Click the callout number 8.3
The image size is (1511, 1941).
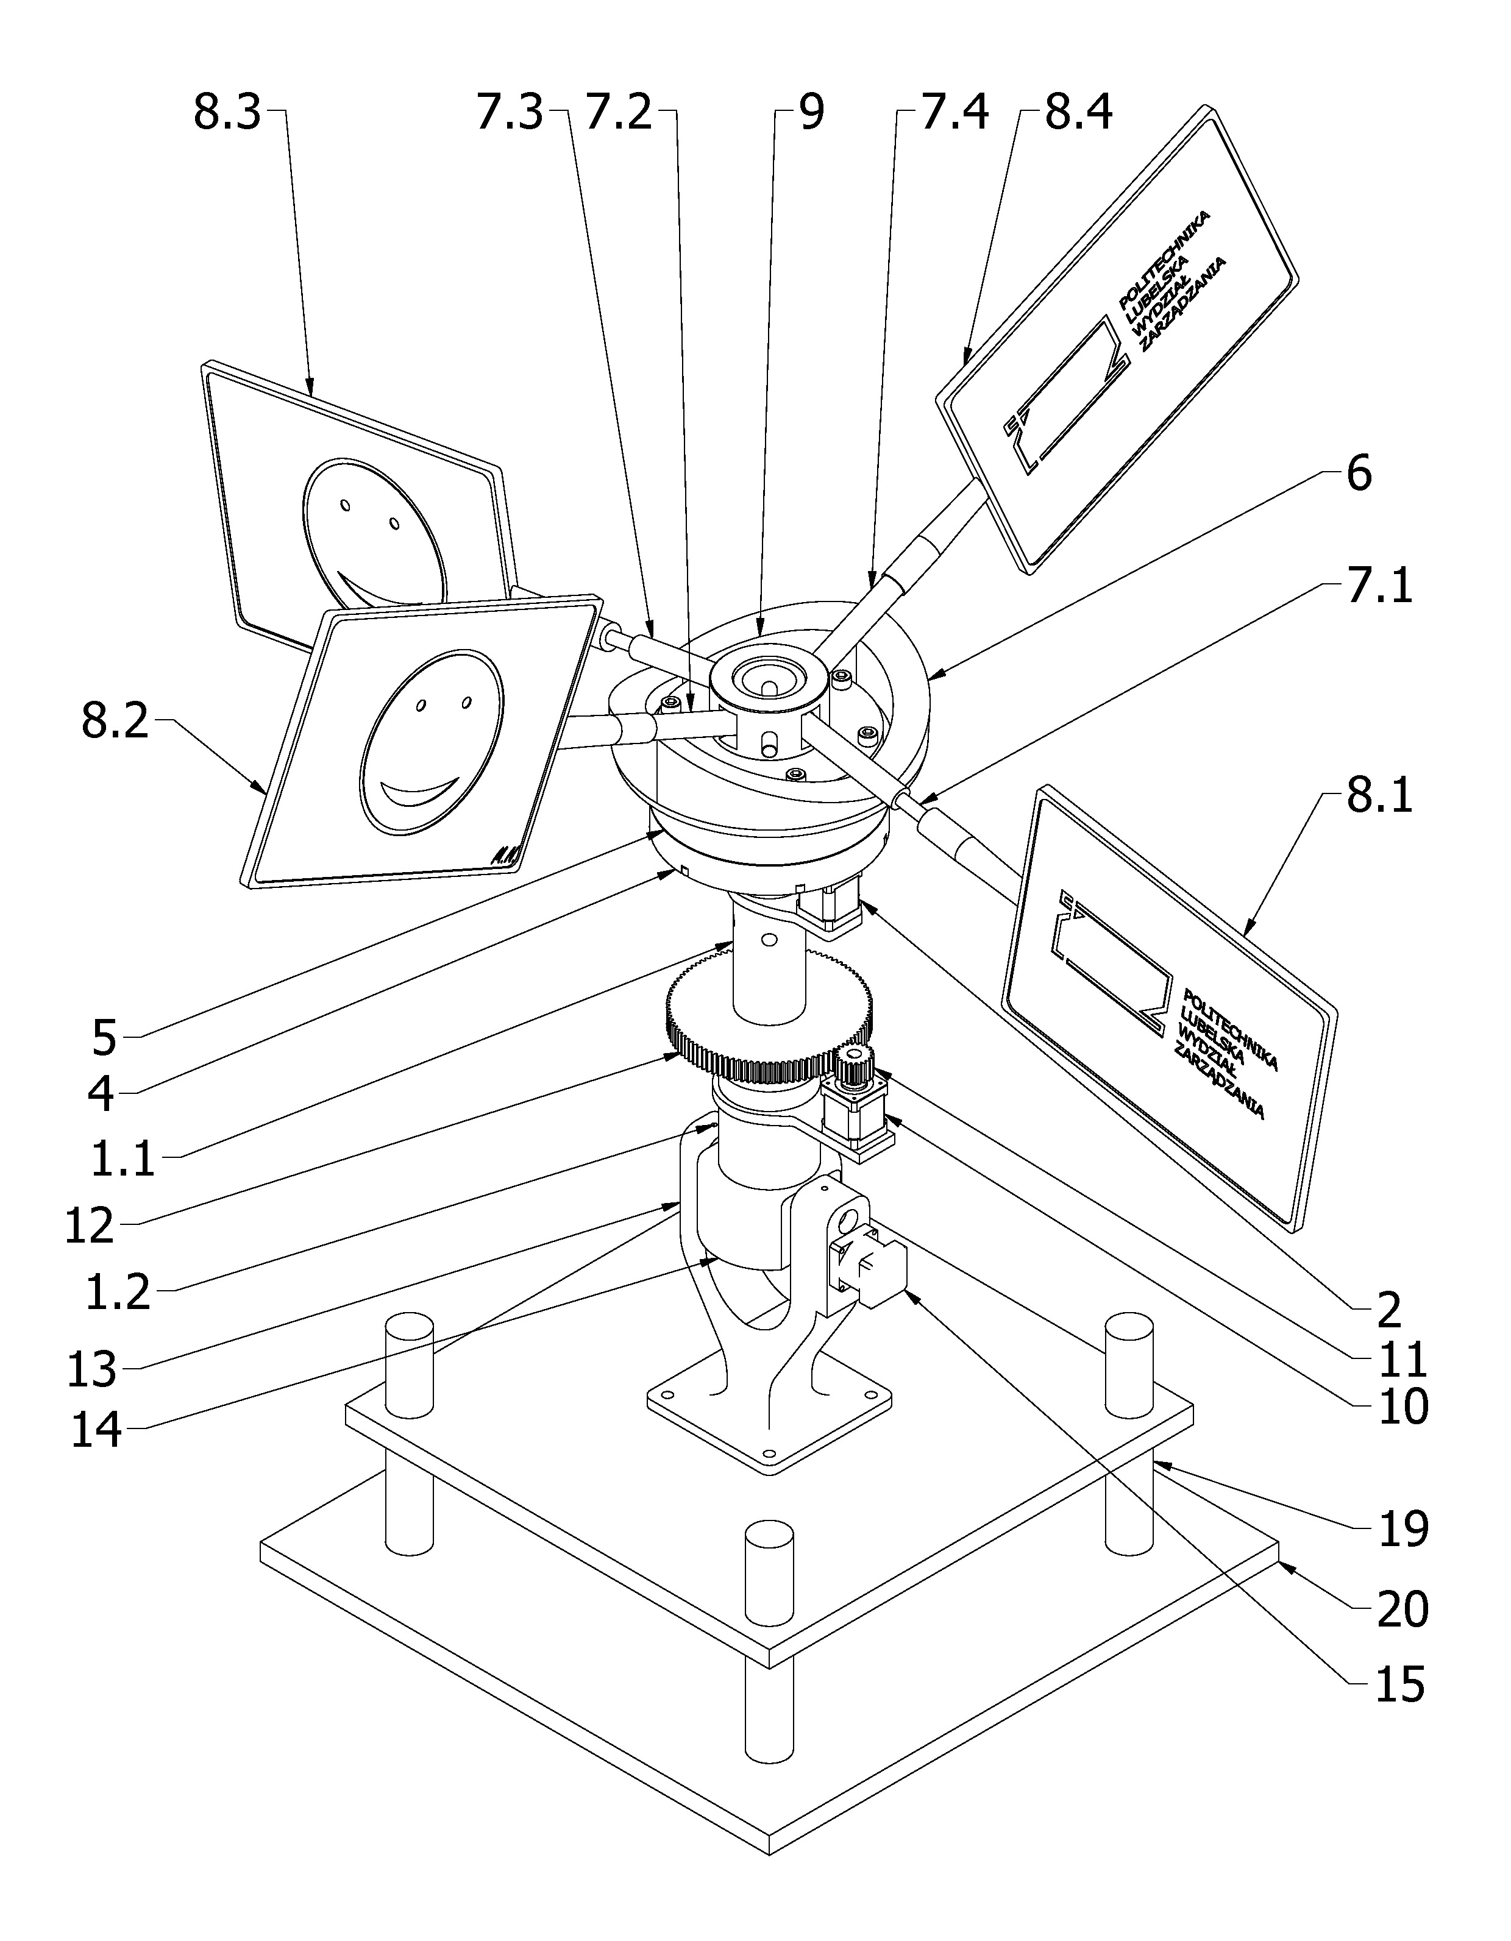227,115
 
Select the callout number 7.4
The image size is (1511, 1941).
955,115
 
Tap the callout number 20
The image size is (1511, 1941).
1403,1609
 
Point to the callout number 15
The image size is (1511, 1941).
1401,1685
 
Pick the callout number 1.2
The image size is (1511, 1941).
118,1293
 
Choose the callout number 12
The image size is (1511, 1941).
90,1226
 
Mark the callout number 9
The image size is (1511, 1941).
811,115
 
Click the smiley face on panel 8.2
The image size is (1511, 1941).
433,743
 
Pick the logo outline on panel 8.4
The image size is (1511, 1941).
1067,391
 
